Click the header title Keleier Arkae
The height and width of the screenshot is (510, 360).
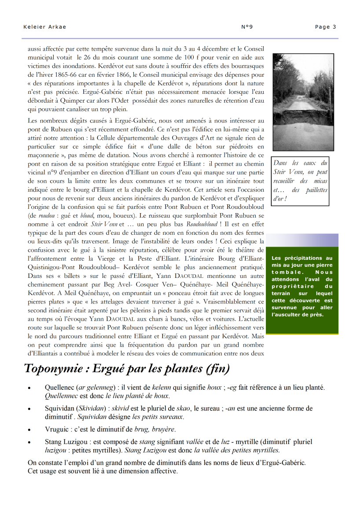click(x=44, y=27)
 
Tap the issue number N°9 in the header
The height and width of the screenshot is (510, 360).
click(x=247, y=27)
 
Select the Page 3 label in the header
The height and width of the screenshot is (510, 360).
click(x=325, y=27)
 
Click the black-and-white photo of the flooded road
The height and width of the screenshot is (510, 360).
click(x=297, y=102)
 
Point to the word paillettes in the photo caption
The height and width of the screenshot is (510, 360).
click(x=316, y=190)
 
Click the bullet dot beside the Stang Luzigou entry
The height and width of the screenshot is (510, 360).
click(x=29, y=442)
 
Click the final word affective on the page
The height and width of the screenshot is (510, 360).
click(x=163, y=471)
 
